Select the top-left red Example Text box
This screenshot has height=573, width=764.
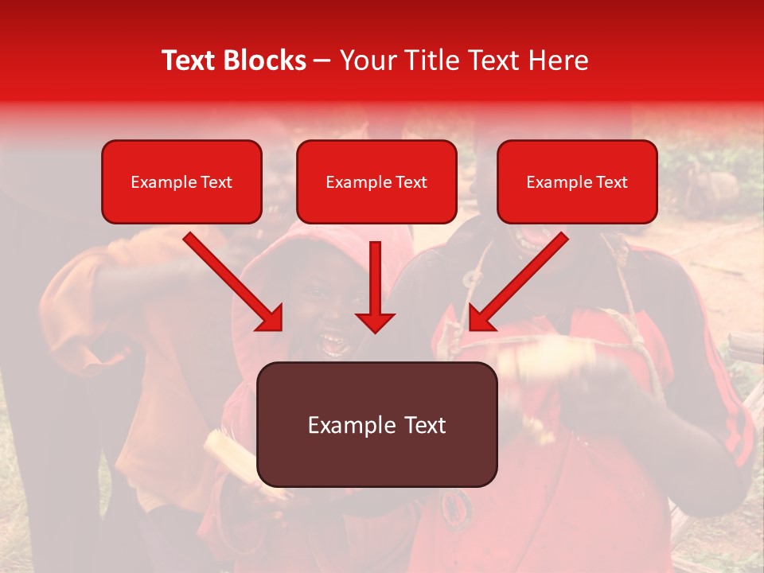pos(181,181)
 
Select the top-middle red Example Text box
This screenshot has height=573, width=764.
pos(376,181)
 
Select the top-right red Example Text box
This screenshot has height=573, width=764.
pos(577,181)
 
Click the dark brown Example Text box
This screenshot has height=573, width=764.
pos(376,424)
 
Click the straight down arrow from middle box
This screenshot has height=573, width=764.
pos(375,279)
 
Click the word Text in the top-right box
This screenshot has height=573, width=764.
pos(611,182)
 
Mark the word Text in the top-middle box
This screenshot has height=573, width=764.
pos(411,182)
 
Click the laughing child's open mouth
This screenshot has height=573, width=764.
pos(331,342)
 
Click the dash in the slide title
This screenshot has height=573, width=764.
pos(322,60)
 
